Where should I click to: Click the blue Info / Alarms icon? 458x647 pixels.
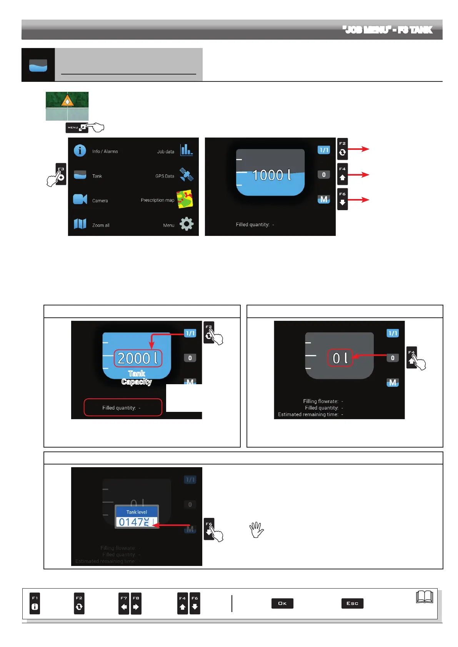80,150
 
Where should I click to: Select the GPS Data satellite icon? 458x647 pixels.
187,174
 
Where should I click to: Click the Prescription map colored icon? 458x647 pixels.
185,199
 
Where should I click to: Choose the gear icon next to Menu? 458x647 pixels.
187,224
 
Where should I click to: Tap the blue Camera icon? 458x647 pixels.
80,199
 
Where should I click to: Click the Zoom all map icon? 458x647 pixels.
80,224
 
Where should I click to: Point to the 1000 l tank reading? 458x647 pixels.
271,175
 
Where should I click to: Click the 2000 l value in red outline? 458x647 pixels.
138,358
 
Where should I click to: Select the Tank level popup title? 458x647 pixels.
137,512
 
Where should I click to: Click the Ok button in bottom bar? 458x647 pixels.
282,603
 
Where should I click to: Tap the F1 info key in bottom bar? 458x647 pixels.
35,603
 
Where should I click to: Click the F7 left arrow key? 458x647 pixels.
124,603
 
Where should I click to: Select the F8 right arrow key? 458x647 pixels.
136,603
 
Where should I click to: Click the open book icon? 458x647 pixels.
425,597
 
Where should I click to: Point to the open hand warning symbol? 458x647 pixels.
256,529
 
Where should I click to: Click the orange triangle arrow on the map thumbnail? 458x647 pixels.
67,101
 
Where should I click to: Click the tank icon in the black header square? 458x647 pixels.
38,65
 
